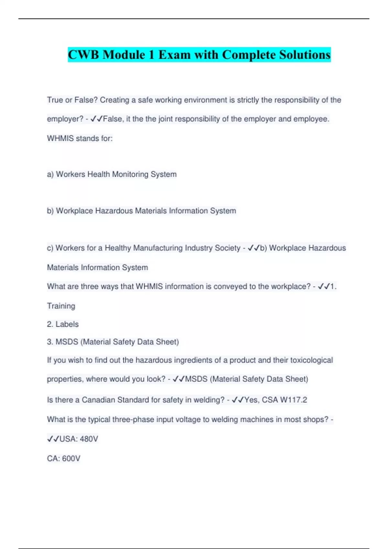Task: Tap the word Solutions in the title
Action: point(305,55)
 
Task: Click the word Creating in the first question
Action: point(114,100)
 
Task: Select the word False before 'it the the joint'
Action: point(113,119)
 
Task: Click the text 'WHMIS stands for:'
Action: point(80,139)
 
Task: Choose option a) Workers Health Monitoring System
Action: point(112,174)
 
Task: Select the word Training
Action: point(61,306)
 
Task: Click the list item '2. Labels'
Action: point(63,324)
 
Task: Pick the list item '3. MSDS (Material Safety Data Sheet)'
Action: point(113,342)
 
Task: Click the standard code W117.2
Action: point(293,400)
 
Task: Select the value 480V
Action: point(89,439)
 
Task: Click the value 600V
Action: point(71,459)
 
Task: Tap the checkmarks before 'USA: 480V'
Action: point(53,439)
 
